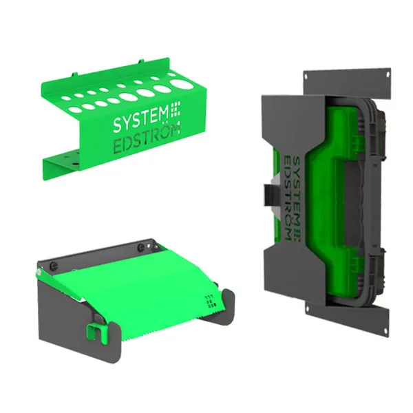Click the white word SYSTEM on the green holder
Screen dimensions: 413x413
(x=141, y=121)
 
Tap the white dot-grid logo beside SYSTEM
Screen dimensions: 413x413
(x=175, y=109)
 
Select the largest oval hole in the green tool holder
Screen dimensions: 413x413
(x=181, y=84)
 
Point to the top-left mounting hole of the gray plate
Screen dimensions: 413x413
(x=306, y=76)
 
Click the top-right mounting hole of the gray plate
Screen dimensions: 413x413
(x=388, y=74)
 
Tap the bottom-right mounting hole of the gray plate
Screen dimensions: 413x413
(x=385, y=330)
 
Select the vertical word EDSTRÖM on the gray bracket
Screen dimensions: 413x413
(x=288, y=198)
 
